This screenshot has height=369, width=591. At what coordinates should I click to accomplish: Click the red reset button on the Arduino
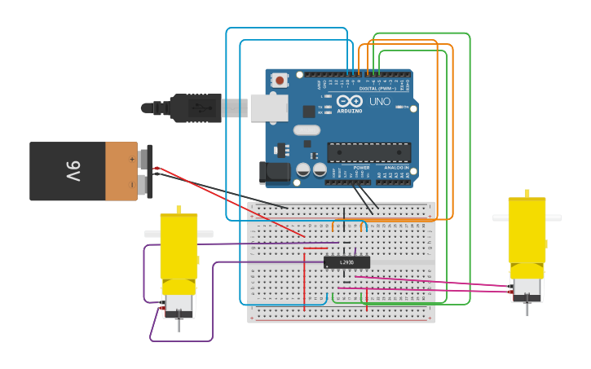coord(280,80)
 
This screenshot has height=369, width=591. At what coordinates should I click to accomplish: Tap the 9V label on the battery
coord(73,172)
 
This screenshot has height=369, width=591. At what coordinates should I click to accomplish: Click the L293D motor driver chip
coord(346,262)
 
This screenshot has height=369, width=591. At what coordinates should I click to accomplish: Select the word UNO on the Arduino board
coord(380,102)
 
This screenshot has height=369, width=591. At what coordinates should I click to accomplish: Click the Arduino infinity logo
coord(349,101)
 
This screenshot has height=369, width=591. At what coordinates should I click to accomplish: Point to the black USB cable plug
coord(196,108)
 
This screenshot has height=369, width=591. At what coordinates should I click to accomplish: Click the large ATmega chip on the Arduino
coord(368,152)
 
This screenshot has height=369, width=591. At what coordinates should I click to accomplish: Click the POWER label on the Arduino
coord(361,167)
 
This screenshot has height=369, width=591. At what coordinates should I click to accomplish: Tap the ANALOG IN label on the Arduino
coord(397,167)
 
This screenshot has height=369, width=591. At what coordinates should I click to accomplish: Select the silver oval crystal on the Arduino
coord(307,130)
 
